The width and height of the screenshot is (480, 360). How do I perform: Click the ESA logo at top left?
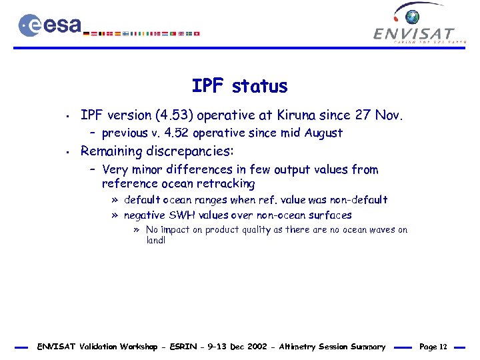pos(50,25)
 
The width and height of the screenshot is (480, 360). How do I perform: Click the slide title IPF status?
pos(239,86)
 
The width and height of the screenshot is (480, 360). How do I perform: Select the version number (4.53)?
pos(171,115)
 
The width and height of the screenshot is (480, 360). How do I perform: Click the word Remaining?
pos(113,151)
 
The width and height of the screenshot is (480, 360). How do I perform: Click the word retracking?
pos(224,183)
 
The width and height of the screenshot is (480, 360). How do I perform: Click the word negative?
pos(146,215)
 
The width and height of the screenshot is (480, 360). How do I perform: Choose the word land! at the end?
pos(155,241)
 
